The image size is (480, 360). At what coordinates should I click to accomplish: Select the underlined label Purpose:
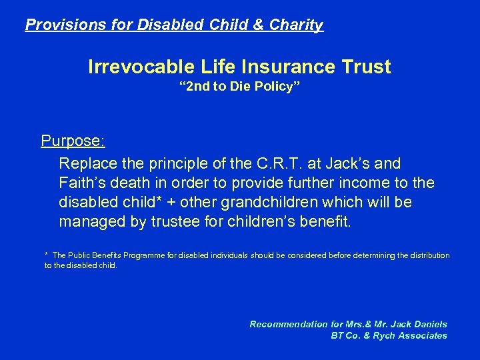[x=72, y=141]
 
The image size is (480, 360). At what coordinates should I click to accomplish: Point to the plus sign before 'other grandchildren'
[x=181, y=202]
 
